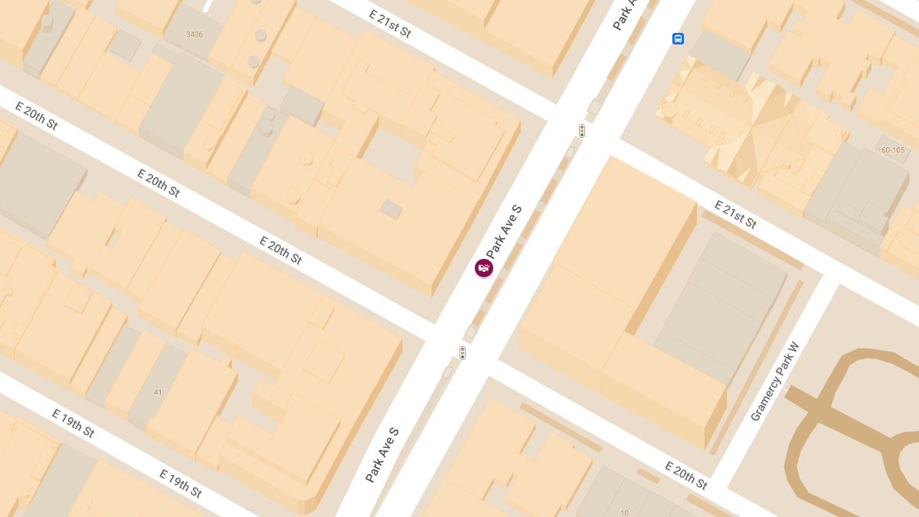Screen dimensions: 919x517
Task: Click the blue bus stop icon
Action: coord(678,39)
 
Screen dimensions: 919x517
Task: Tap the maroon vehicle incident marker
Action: coord(484,267)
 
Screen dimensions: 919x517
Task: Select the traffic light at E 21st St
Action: coord(582,131)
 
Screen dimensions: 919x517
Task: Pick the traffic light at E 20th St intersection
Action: coord(463,353)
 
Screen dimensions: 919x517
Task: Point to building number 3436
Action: coord(195,34)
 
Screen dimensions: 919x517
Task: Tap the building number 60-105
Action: coord(893,150)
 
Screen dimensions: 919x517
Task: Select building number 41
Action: coord(158,392)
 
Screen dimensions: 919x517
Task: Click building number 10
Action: coord(625,512)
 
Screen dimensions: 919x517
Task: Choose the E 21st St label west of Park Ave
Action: coord(390,24)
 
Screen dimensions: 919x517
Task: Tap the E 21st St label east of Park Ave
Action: coord(735,214)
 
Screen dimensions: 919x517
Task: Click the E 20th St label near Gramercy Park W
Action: coord(685,475)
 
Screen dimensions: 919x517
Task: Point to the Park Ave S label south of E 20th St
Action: coord(382,455)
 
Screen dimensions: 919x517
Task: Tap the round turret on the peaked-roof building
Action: coord(670,110)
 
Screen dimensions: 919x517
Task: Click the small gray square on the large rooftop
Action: coord(391,209)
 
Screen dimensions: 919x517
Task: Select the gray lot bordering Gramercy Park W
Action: coord(720,306)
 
